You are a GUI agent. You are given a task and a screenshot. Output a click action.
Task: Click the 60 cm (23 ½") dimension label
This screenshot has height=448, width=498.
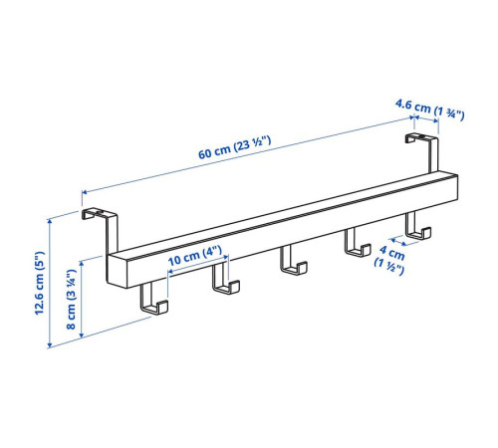(x=235, y=147)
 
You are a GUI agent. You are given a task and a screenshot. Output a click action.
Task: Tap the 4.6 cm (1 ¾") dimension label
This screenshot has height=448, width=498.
(x=430, y=110)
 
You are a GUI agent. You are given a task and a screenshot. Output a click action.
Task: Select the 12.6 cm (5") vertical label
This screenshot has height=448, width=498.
(x=40, y=283)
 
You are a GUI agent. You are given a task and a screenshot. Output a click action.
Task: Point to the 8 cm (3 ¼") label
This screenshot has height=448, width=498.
(x=72, y=299)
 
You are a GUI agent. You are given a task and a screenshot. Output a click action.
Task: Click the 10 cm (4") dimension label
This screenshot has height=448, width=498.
(x=194, y=256)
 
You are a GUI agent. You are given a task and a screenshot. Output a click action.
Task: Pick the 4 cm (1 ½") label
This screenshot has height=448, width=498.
(x=390, y=260)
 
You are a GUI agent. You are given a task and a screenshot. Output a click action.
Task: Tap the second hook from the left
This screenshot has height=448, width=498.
(x=225, y=279)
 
